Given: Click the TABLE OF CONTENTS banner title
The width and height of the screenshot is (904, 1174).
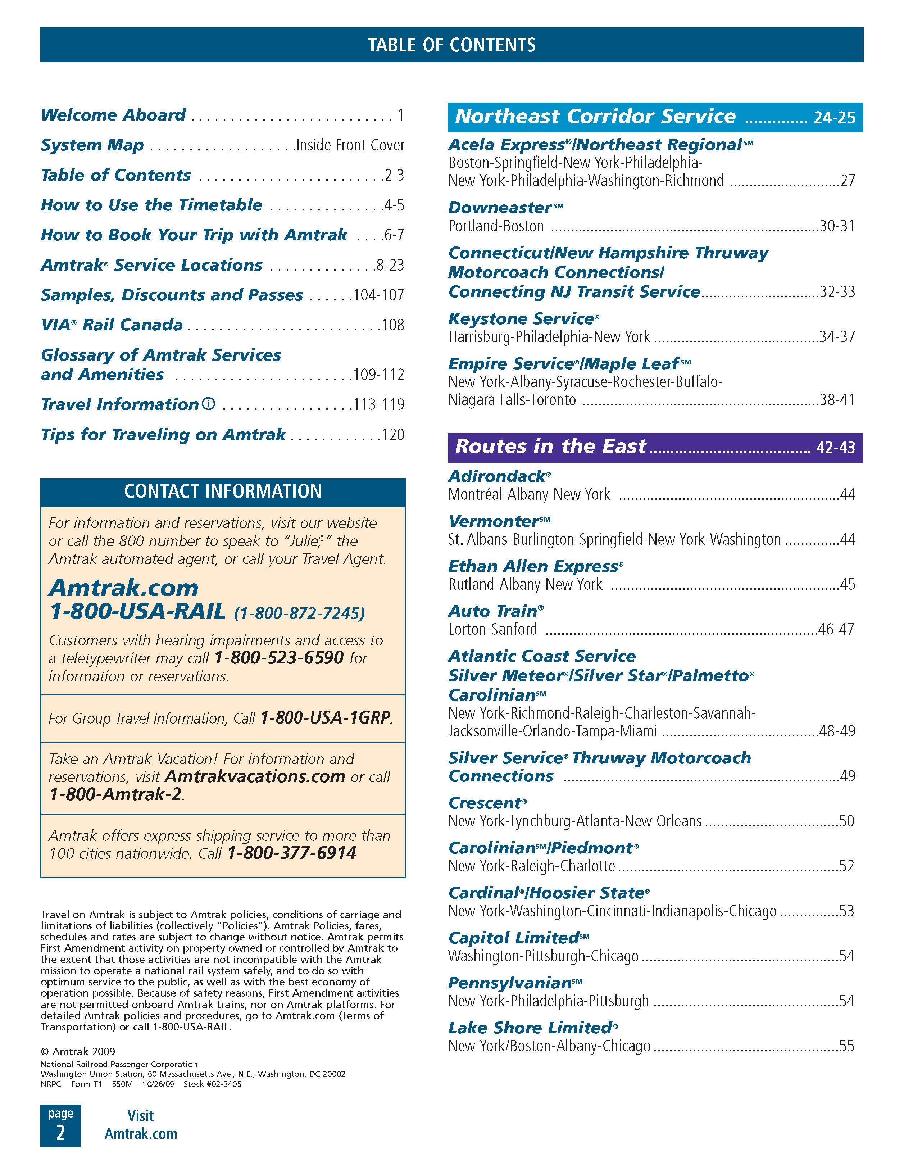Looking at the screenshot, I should [x=451, y=45].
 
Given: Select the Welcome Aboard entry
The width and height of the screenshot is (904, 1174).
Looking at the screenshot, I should [x=113, y=115].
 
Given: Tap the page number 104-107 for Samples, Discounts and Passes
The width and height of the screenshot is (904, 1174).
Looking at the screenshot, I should [x=378, y=295].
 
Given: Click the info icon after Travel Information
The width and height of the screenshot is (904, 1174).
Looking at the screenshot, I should [x=209, y=404].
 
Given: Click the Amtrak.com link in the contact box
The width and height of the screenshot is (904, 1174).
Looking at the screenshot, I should [x=124, y=588].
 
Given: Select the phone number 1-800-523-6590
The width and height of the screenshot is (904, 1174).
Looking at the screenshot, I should [x=278, y=657].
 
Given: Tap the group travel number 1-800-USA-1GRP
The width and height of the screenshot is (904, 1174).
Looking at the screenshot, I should [x=325, y=718].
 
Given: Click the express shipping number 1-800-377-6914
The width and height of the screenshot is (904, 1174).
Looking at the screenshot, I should [x=291, y=853].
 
